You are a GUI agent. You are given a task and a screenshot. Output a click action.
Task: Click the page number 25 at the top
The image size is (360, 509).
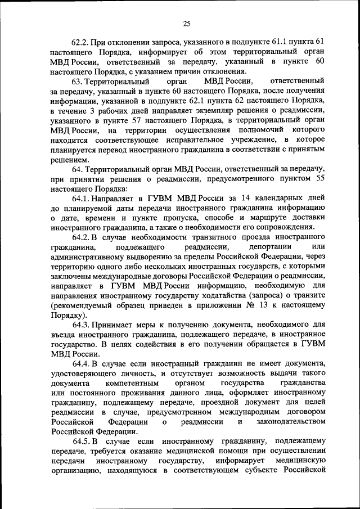187,23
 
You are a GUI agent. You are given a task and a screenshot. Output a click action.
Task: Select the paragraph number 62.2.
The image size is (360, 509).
79,42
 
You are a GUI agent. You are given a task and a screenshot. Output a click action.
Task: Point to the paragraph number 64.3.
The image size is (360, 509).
82,325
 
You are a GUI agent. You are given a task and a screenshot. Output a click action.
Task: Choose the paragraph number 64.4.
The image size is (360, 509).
82,364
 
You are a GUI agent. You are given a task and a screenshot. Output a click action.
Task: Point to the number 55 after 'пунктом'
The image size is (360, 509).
318,178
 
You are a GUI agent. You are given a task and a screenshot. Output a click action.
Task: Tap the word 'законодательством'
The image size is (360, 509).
290,422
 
